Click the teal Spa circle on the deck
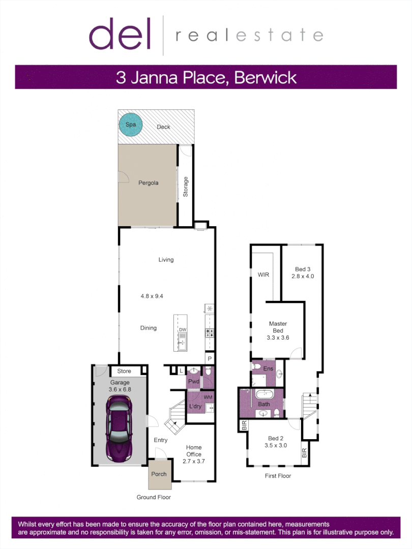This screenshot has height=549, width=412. [130, 124]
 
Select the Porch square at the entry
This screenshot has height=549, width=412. [159, 475]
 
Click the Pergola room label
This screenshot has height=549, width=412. [149, 182]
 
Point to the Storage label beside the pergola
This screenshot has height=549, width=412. [186, 187]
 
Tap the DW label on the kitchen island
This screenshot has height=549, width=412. [182, 330]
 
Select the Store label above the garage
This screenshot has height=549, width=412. [124, 371]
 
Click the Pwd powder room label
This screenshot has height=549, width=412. [193, 381]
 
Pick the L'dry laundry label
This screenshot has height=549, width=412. [196, 407]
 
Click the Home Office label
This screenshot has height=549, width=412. [194, 451]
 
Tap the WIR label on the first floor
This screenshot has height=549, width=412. [263, 274]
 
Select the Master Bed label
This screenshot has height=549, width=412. [278, 327]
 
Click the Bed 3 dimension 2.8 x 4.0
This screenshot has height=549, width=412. [303, 277]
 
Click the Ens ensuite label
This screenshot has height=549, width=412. [269, 369]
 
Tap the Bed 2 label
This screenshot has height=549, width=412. [276, 438]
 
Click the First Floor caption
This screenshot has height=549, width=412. [278, 476]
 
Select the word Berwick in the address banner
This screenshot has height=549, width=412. [264, 78]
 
